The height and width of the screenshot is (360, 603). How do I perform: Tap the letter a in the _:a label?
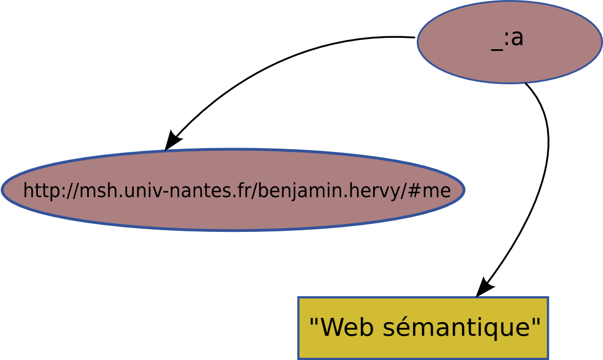coord(517,38)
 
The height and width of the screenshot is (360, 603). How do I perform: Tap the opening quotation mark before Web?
coord(314,321)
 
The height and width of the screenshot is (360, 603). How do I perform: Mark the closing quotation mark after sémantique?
coord(536,321)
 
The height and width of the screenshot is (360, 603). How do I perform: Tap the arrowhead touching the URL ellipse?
coord(171,141)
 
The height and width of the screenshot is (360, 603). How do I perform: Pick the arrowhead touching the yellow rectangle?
coord(484,287)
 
